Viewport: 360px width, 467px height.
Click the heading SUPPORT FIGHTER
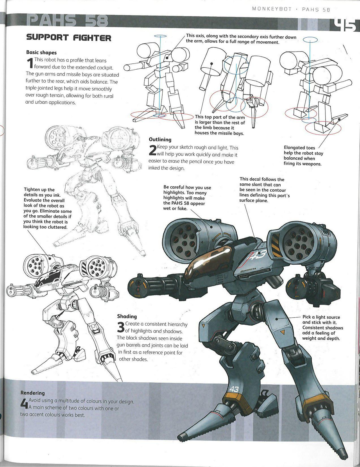[x=68, y=38]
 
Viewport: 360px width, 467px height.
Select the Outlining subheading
[x=160, y=140]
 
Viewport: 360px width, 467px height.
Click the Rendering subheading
[x=33, y=393]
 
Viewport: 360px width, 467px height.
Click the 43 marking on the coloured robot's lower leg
[x=234, y=389]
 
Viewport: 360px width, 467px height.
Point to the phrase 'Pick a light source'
[x=321, y=317]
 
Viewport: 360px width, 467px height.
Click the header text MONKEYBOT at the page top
[x=268, y=9]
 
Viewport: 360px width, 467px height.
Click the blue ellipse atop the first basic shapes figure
[x=160, y=37]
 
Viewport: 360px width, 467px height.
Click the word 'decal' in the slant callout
[x=255, y=179]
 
